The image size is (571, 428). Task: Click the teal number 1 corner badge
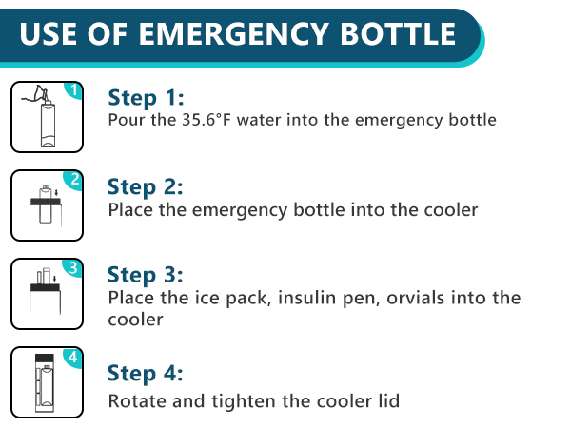(73, 90)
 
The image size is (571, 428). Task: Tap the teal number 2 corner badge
(73, 179)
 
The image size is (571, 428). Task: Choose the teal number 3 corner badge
(73, 267)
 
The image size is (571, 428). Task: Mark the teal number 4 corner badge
(73, 357)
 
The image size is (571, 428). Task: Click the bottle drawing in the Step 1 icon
(45, 124)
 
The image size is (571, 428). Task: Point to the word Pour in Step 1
(125, 120)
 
